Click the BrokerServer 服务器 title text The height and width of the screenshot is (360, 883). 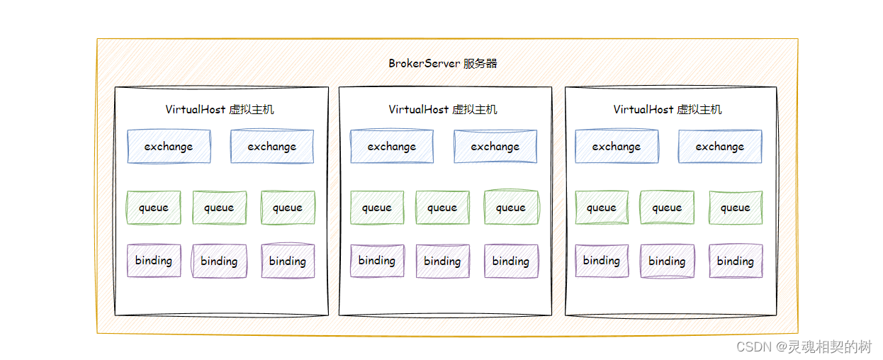442,63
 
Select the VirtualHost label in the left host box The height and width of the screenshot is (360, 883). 220,109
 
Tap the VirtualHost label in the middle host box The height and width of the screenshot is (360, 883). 443,109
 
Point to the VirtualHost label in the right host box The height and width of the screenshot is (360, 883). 668,109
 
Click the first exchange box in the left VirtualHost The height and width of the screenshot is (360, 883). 169,147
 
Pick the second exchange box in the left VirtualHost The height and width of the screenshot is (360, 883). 271,147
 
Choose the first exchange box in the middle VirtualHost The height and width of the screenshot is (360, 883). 391,147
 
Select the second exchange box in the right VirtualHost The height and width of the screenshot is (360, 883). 720,147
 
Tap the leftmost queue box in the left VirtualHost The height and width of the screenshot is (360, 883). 154,208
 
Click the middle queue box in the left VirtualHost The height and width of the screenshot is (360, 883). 219,208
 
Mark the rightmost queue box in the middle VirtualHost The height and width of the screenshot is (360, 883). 511,208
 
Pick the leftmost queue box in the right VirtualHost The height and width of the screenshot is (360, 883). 602,208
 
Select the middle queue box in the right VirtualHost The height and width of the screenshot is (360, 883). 667,208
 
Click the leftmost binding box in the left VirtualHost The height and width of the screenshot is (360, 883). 154,261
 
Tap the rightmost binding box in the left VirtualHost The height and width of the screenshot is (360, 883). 287,261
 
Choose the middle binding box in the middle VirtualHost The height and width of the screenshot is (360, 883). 442,261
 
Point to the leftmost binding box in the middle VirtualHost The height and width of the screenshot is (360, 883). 377,261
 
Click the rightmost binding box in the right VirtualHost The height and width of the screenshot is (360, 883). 736,261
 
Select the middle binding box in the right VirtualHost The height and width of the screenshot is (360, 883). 667,261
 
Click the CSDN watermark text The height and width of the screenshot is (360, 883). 804,347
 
